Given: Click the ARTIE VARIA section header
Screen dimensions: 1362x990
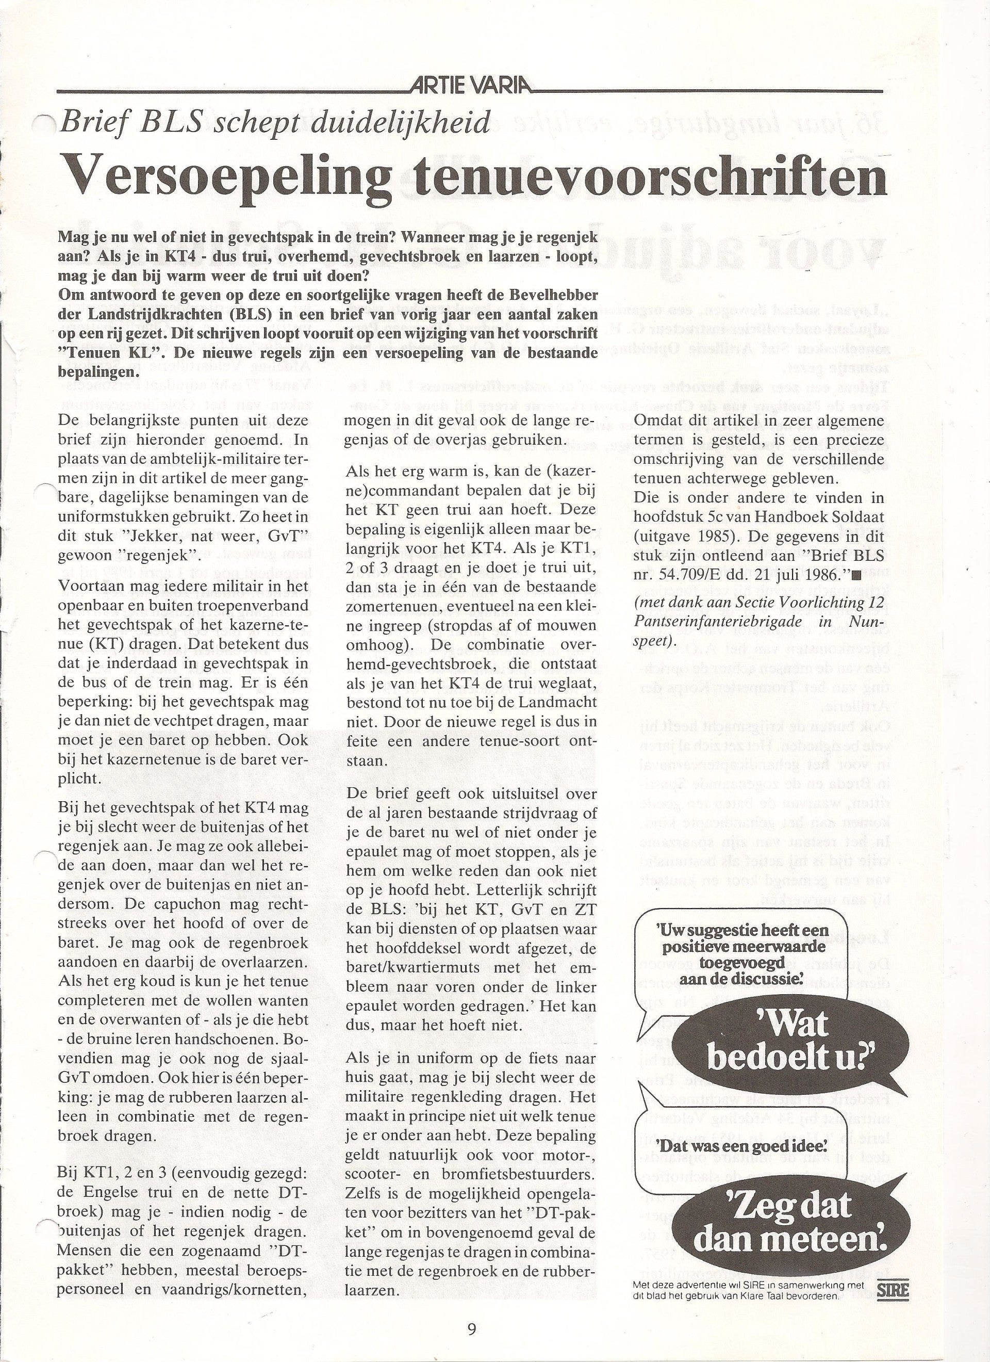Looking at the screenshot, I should pos(471,87).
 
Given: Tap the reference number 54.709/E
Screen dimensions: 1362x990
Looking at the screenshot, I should pos(681,575).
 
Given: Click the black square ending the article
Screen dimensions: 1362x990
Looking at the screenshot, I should pos(855,575).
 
